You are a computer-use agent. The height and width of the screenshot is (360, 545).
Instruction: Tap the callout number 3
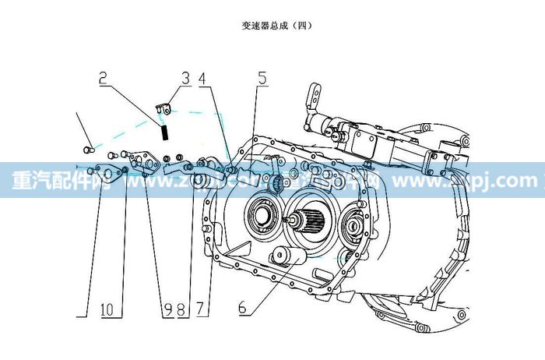tap(185, 78)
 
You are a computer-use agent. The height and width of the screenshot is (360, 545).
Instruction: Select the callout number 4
tap(203, 78)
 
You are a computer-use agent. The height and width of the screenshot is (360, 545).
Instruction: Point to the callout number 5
tap(262, 78)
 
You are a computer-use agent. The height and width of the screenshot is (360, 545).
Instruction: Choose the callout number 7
tap(202, 309)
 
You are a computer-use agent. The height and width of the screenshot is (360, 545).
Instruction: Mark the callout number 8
tap(181, 309)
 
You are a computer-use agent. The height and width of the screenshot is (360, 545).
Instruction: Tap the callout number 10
tap(111, 309)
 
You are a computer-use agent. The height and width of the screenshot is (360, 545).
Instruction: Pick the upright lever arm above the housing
tap(314, 98)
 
